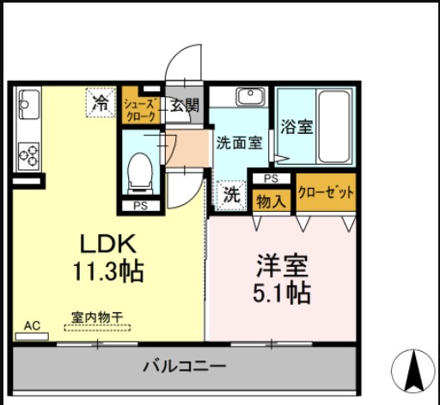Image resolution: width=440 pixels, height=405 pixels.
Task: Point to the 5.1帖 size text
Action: coord(281,293)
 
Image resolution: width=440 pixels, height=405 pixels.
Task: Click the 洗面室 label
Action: coord(239,143)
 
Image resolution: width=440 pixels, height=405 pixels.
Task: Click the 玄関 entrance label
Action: coord(183,106)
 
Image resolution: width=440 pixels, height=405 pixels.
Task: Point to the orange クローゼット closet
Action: coord(326,193)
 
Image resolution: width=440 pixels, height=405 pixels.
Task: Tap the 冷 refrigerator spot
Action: coord(101,104)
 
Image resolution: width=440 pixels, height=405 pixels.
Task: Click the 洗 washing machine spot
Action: coord(231,195)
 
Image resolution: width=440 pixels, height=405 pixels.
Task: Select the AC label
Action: coord(33,326)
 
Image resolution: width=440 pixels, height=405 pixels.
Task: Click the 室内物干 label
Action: coord(96,315)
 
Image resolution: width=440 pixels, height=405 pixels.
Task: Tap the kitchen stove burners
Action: coord(28,155)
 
